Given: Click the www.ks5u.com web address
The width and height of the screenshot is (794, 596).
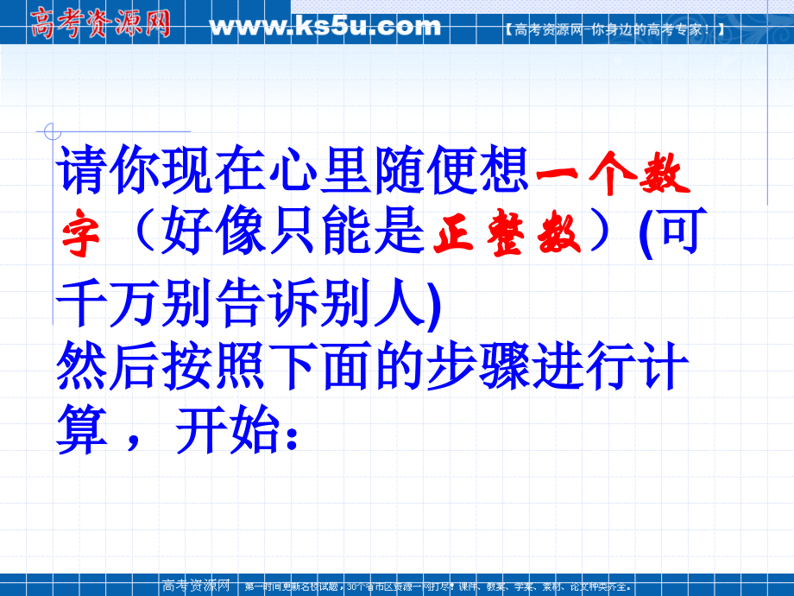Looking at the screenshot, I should [x=325, y=26].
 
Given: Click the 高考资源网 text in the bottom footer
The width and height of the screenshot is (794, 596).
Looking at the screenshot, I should [x=194, y=586].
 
